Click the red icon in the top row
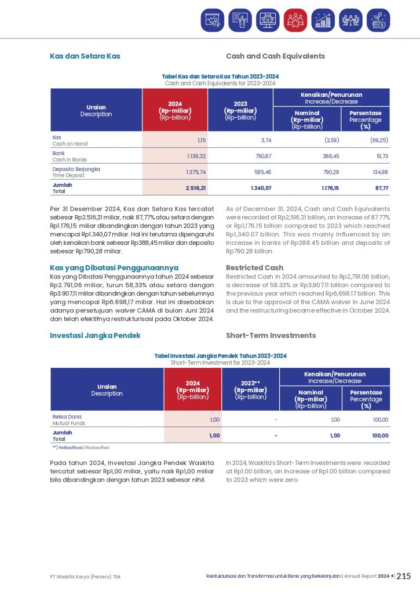coord(295,20)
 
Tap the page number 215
coord(404,576)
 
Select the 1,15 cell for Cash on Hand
coord(199,140)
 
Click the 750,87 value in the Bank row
coord(261,156)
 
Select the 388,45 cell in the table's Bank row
coord(328,156)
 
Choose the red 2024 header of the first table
coord(175,110)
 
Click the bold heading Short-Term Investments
coord(271,335)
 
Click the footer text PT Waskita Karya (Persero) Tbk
coord(85,577)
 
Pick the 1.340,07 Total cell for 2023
coord(261,188)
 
